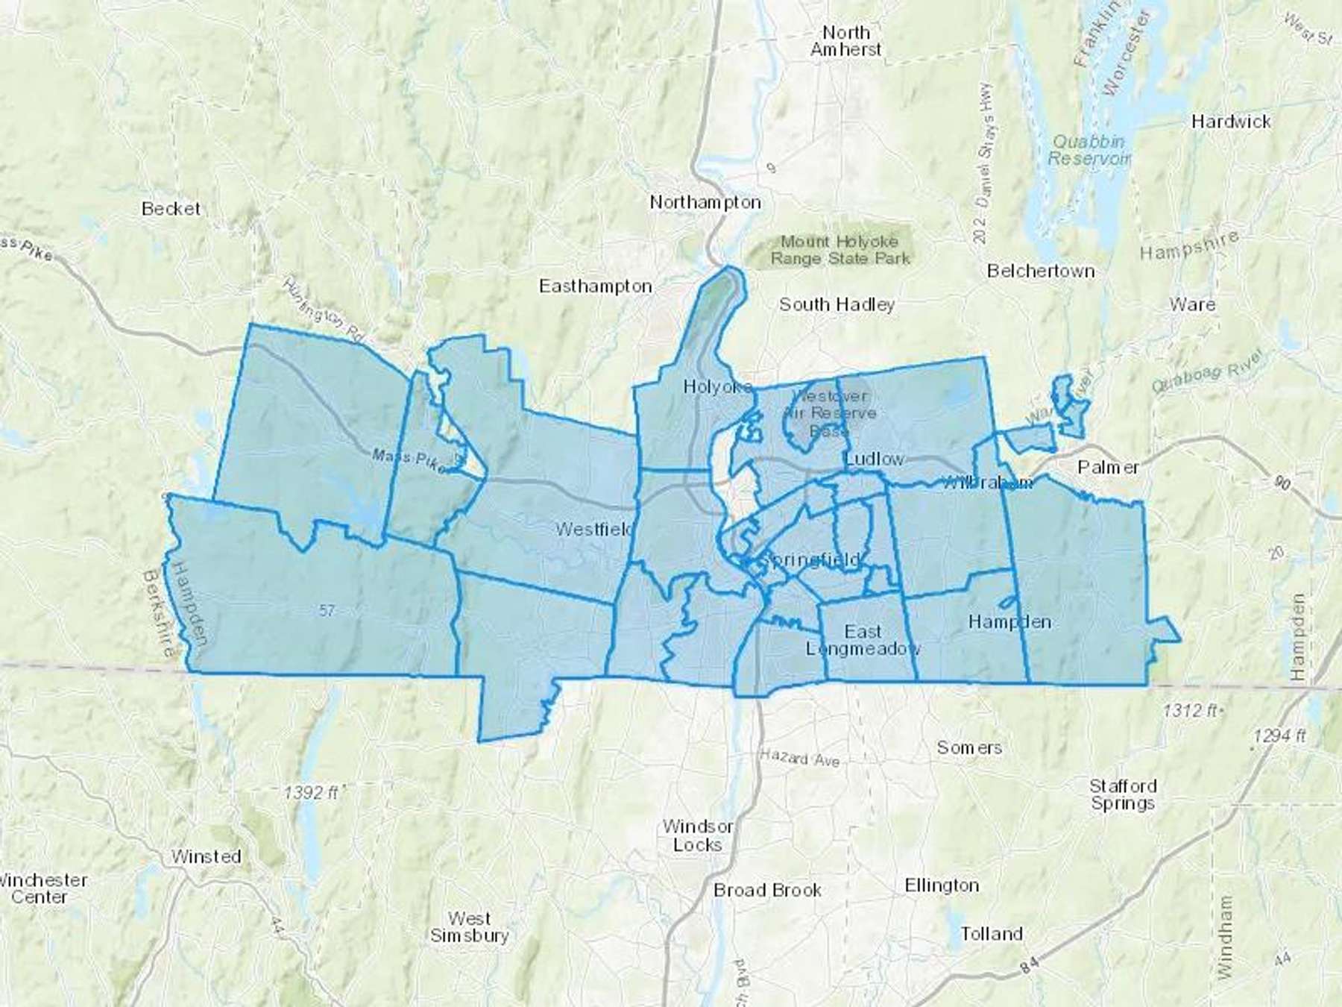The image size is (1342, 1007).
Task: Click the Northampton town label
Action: [705, 202]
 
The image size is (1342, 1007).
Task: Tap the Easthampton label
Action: [595, 286]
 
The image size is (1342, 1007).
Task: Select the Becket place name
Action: [171, 209]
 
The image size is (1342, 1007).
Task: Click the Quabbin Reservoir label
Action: [1089, 150]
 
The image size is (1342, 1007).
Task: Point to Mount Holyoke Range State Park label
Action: [839, 250]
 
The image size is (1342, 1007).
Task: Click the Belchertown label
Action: [1040, 271]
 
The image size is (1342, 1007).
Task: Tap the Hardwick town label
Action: [1230, 122]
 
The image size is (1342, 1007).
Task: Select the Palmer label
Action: [1108, 468]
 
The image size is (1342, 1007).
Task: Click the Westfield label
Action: [593, 530]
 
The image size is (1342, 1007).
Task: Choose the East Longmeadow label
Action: [863, 640]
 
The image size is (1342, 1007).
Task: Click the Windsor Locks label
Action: [697, 835]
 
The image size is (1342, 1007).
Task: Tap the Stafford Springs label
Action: [1122, 794]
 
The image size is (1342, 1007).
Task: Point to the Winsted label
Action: [206, 856]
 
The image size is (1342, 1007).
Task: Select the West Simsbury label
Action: [469, 927]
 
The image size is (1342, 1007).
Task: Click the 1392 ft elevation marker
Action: [311, 793]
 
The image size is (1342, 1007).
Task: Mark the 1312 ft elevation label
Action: [1191, 711]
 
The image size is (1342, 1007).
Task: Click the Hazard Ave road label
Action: [799, 758]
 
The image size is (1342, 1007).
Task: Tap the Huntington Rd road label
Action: [324, 311]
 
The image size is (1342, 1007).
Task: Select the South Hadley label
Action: [837, 304]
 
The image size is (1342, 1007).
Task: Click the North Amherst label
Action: [845, 41]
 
